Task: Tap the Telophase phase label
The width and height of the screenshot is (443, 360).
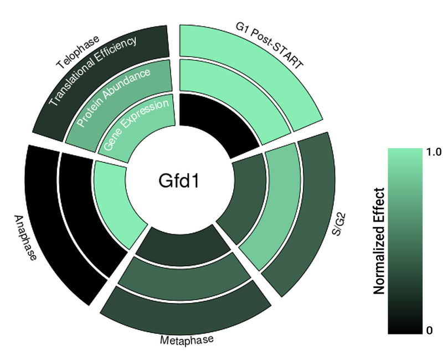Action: pos(78,52)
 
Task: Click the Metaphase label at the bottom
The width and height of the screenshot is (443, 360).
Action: pos(187,340)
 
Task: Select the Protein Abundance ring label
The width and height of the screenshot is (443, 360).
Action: pos(114,97)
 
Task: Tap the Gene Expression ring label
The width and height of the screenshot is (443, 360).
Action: pos(136,125)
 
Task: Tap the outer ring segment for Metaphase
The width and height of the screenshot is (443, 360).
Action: pos(186,310)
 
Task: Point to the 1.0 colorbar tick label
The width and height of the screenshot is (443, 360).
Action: pos(435,152)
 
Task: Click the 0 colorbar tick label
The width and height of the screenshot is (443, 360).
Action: pos(430,331)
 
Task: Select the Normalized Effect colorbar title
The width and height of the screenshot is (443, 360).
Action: pos(379,241)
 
